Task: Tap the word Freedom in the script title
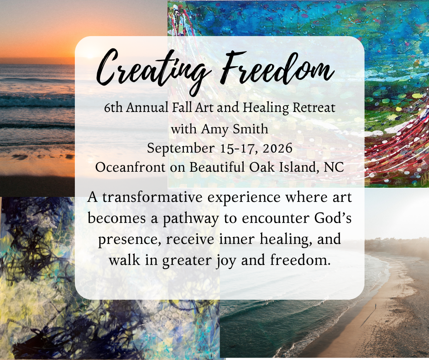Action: (x=277, y=69)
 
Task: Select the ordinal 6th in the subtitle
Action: (x=113, y=107)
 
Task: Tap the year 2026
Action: (x=277, y=148)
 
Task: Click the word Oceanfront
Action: (x=130, y=167)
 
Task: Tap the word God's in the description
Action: (x=333, y=218)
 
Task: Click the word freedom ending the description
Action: (x=300, y=260)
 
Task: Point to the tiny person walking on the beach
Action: (x=376, y=306)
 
